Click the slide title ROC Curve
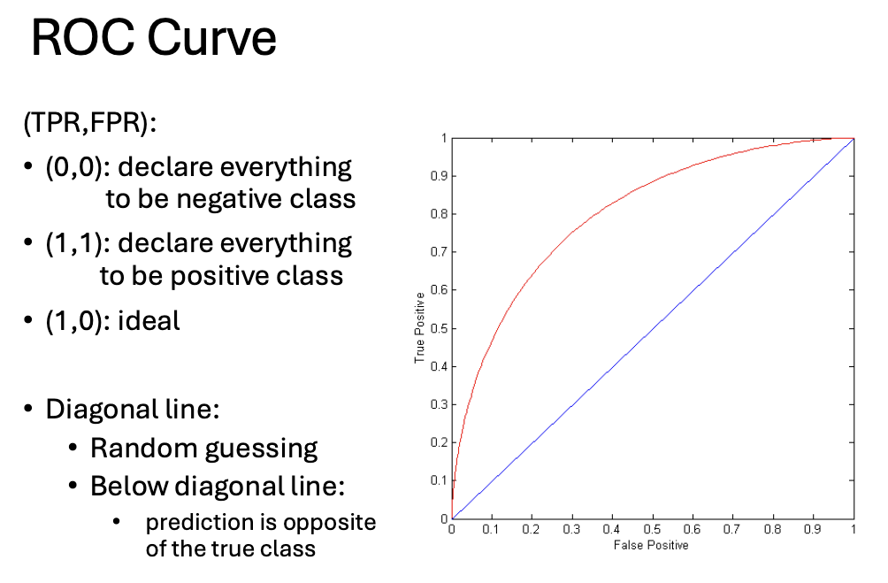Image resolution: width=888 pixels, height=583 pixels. [x=153, y=40]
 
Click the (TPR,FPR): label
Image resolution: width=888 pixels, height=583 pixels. [x=89, y=123]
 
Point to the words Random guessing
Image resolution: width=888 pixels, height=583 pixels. [x=203, y=448]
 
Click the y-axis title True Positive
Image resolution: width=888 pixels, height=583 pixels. [x=421, y=329]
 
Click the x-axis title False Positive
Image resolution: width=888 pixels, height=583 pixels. [x=651, y=545]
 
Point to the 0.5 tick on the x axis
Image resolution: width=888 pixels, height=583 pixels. [x=653, y=529]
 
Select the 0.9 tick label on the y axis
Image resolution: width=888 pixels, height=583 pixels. [x=437, y=176]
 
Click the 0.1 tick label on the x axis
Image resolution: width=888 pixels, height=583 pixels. [x=492, y=529]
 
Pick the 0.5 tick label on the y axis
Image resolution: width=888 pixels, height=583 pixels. [x=437, y=328]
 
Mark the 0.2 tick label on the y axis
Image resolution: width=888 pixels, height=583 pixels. [x=437, y=442]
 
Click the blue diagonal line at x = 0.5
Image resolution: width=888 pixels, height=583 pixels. [x=653, y=328]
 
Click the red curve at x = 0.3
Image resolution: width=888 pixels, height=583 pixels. [x=572, y=232]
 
